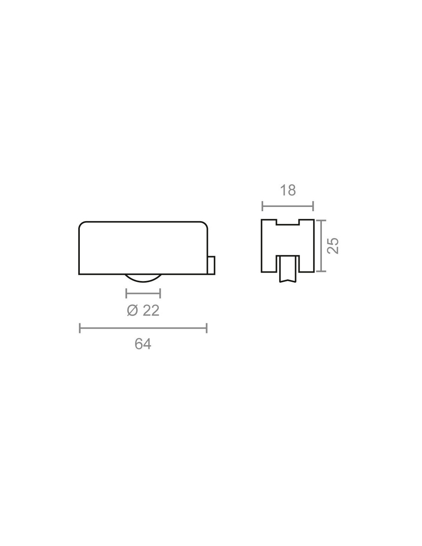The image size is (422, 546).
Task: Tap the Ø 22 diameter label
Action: coord(143,311)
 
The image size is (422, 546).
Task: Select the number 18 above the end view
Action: coord(288,190)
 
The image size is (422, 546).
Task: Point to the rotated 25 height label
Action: coord(333,245)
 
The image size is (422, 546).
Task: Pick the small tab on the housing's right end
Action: coord(211,265)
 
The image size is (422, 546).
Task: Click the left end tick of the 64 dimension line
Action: coord(79,328)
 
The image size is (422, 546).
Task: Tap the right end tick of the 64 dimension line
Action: coord(207,328)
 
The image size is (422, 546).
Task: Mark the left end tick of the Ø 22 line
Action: coord(126,293)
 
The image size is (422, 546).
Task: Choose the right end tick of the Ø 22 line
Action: coord(160,293)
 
